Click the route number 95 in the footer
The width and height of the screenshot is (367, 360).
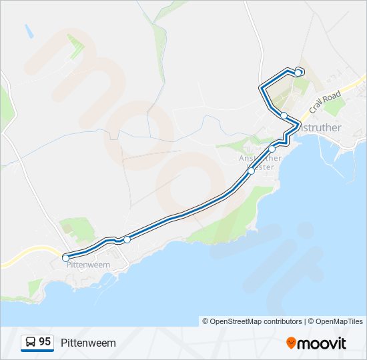[45, 342]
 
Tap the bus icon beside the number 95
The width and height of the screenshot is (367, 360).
[31, 343]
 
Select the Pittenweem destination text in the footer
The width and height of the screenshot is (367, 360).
[88, 343]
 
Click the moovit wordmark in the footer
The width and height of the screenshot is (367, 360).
[322, 343]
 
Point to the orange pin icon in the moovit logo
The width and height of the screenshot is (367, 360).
[292, 343]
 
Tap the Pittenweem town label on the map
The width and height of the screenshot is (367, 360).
[88, 265]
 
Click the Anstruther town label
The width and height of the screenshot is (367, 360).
[320, 127]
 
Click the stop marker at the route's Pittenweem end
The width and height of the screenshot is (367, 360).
[65, 257]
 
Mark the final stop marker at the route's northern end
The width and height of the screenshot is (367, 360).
[298, 72]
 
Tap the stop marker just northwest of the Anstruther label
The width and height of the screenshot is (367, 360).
[284, 115]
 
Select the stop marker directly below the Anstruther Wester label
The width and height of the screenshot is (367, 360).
[252, 171]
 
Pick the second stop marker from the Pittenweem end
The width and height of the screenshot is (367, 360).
[127, 239]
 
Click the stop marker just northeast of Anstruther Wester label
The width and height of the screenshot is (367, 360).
[272, 149]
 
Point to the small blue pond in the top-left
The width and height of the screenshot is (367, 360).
[29, 31]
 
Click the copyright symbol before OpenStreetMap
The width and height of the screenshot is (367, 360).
[206, 321]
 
